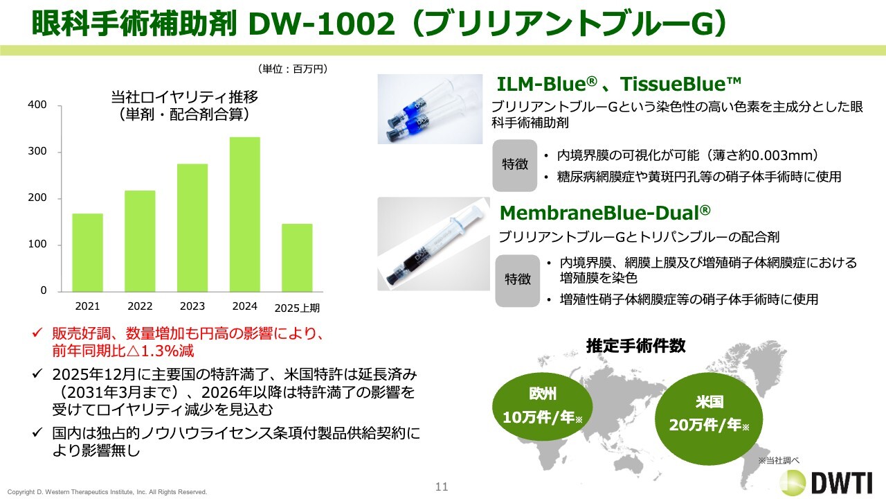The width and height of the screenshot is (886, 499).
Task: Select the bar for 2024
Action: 245,214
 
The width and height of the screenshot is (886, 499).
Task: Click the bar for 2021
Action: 87,253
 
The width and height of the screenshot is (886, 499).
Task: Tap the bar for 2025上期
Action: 297,258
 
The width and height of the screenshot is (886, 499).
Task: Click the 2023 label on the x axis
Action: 192,306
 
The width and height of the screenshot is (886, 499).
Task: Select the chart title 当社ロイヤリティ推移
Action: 184,96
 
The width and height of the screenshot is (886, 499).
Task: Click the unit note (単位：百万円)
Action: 293,69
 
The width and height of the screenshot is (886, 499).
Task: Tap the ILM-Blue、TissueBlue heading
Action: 618,84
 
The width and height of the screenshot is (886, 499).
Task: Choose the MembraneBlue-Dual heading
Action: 605,213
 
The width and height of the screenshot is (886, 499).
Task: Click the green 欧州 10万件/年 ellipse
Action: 542,406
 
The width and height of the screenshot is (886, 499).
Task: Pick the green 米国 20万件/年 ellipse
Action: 709,419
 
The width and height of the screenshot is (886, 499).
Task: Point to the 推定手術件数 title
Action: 635,346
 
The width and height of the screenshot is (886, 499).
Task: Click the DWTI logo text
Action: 842,483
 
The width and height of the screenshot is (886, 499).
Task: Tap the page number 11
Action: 442,487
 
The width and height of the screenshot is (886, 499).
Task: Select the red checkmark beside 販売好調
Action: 37,333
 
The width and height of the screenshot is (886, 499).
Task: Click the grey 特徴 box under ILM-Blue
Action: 514,165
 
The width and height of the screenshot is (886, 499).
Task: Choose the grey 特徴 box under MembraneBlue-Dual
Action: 517,281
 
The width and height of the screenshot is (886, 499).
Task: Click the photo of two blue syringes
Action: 430,109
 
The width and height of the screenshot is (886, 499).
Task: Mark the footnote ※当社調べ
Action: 779,461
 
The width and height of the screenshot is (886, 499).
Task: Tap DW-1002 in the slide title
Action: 322,24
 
